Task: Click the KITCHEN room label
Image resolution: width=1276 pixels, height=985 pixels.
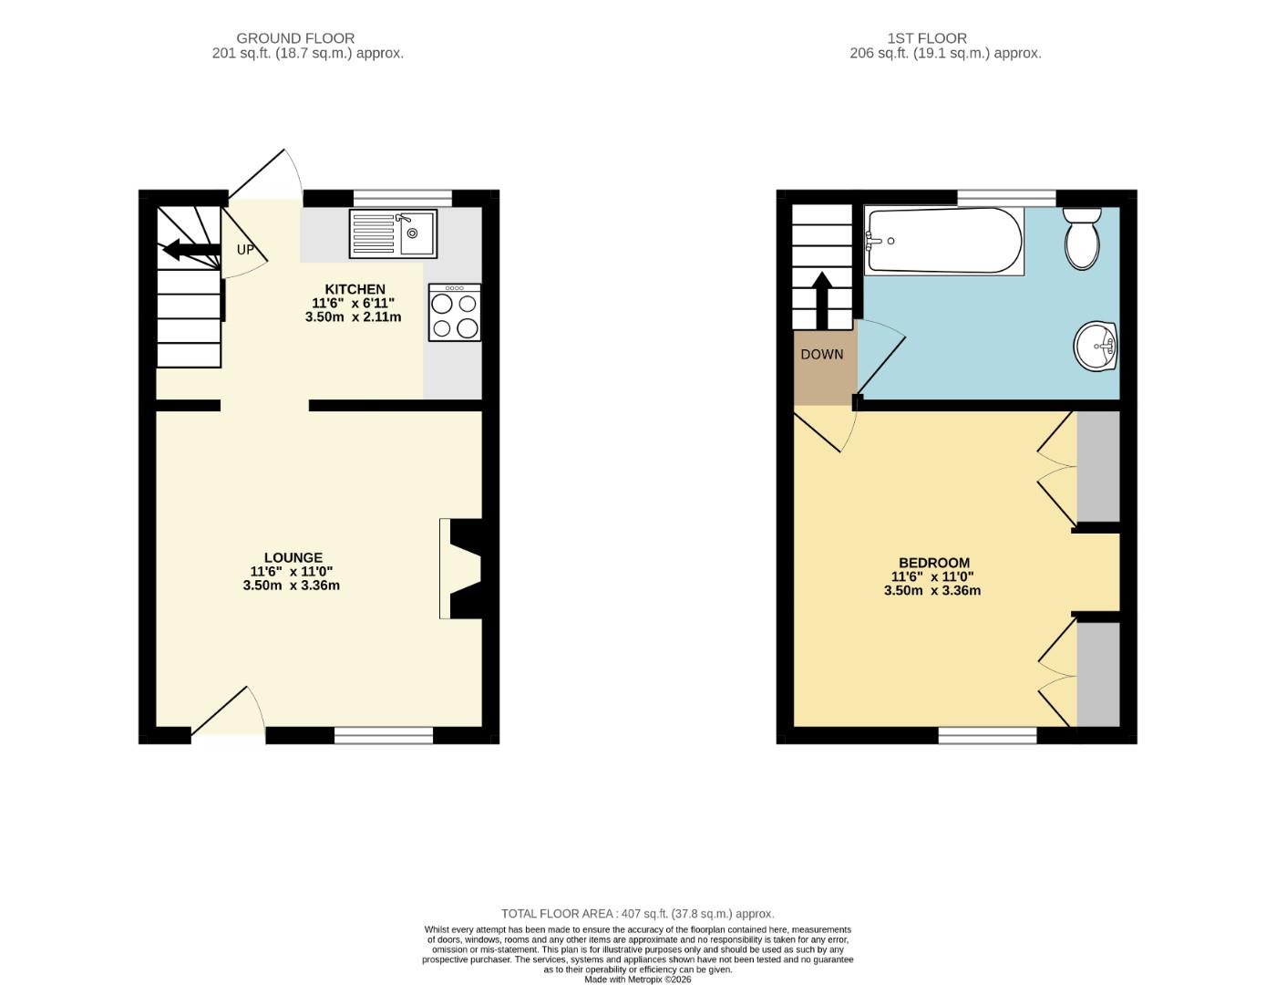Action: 355,289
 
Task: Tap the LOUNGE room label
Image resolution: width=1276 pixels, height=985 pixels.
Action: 293,557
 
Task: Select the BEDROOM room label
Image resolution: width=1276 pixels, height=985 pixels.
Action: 934,563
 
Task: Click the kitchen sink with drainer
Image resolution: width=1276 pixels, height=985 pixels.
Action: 393,233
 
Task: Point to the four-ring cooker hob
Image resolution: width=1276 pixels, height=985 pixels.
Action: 455,313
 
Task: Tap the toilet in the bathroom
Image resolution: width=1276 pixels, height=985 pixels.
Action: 1082,239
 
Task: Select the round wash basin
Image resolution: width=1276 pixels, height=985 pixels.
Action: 1096,347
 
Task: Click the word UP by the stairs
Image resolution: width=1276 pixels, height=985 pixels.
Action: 245,249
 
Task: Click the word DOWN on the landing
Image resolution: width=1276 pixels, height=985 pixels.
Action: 822,354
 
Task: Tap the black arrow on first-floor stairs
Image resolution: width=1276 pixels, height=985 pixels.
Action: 821,299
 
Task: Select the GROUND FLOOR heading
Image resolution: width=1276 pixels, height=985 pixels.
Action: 295,38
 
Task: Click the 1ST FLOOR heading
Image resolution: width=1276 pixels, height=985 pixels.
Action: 927,38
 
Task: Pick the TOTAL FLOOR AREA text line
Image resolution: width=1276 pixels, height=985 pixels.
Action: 637,913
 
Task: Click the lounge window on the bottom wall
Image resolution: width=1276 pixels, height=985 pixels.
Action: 383,735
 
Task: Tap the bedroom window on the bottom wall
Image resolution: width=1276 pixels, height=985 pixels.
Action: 987,735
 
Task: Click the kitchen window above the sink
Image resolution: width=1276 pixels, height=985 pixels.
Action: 402,198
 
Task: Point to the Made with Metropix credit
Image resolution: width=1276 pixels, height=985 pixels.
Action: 637,980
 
